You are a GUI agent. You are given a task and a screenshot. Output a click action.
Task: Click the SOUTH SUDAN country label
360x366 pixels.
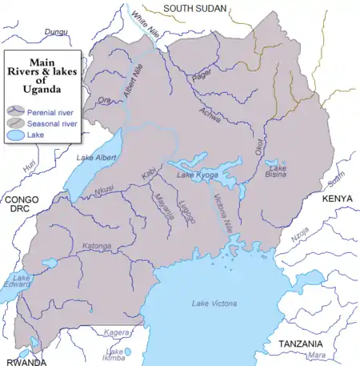tap(195, 8)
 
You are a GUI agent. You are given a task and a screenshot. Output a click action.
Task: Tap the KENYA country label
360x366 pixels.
tap(337, 197)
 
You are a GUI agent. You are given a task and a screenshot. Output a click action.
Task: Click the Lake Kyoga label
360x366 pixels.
tap(197, 175)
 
